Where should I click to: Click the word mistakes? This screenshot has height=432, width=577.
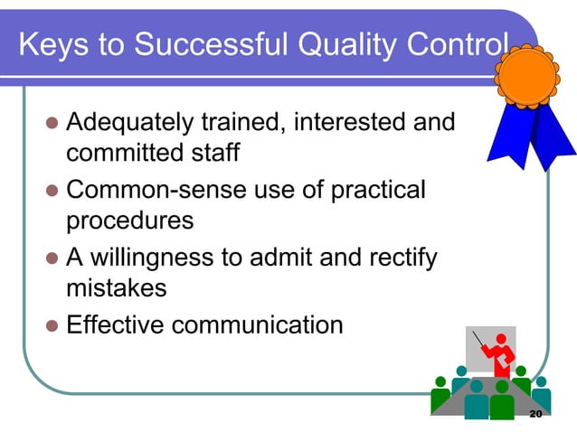tap(117, 288)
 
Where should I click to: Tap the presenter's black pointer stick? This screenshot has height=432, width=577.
tap(480, 343)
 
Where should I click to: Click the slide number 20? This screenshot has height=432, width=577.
tap(534, 414)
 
